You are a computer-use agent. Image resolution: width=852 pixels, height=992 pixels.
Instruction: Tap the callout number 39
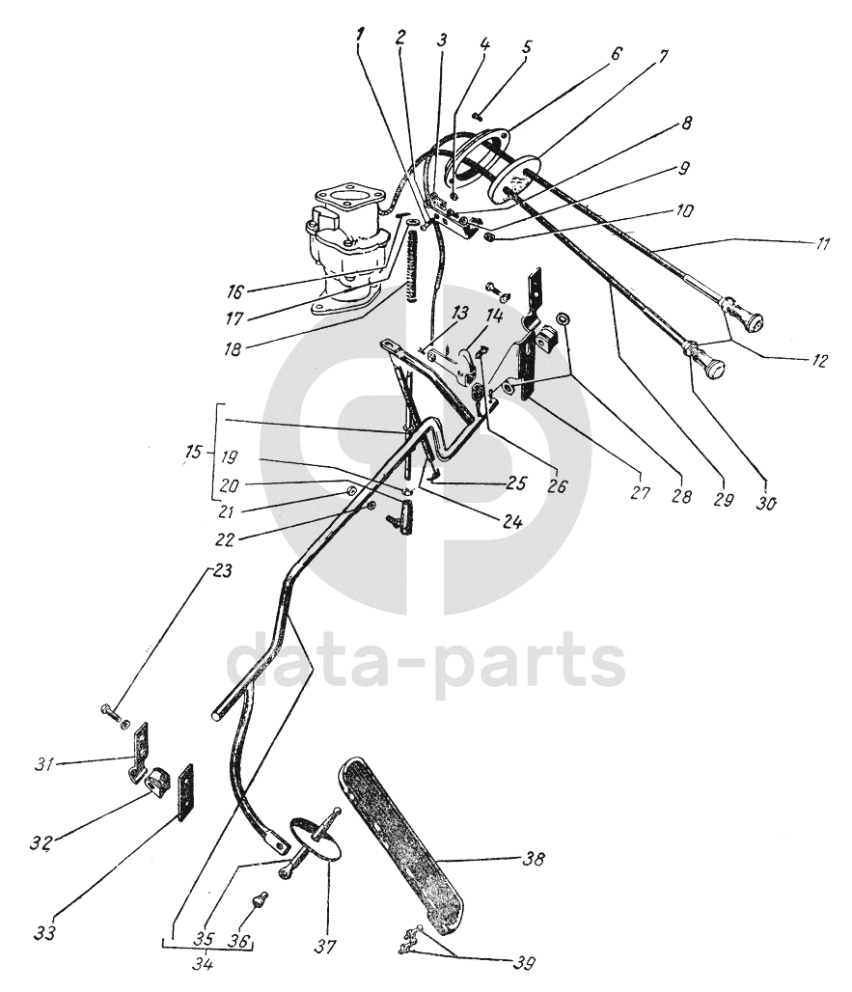point(524,961)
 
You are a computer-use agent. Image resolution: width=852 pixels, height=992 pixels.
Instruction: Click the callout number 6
point(613,55)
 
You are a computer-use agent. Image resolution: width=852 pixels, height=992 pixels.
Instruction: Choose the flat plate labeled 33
point(183,791)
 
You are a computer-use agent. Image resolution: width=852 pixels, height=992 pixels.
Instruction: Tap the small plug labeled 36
point(260,902)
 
